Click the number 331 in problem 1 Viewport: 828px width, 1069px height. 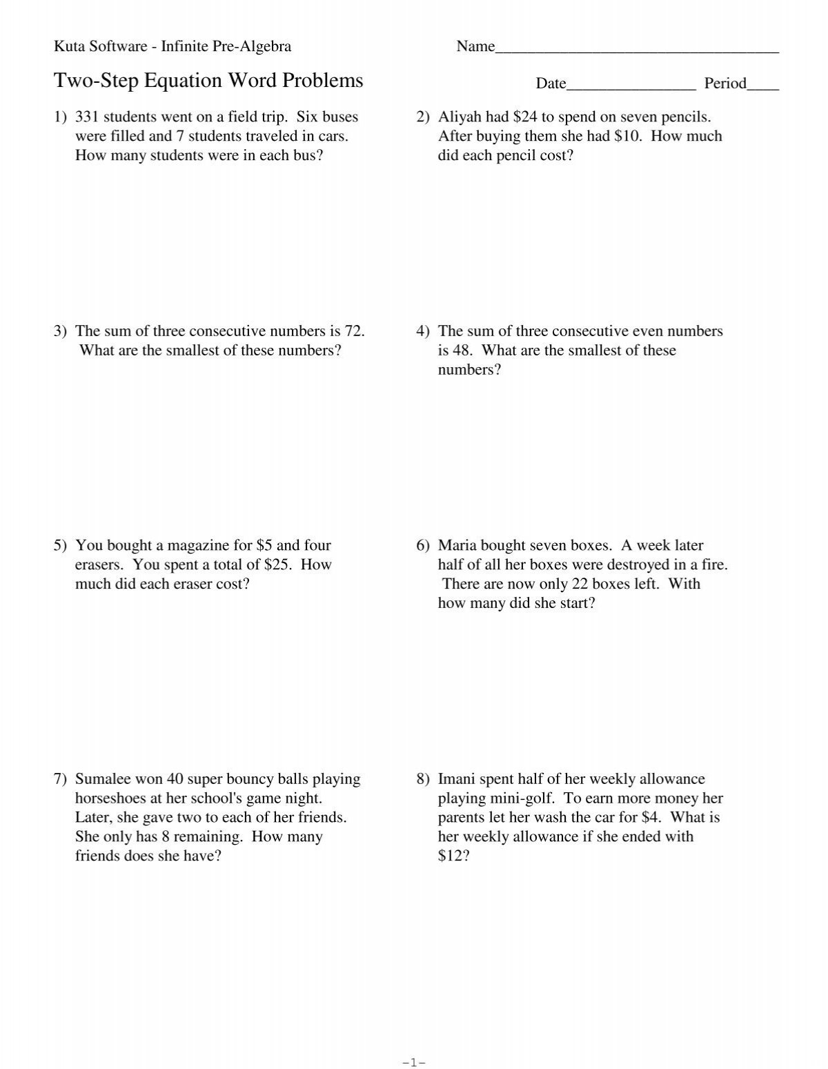click(x=87, y=117)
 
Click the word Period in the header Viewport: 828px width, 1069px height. click(x=725, y=84)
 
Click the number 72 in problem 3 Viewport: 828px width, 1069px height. click(x=353, y=331)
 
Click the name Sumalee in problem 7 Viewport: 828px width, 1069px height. click(x=103, y=779)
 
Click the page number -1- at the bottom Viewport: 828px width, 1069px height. click(x=414, y=1063)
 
